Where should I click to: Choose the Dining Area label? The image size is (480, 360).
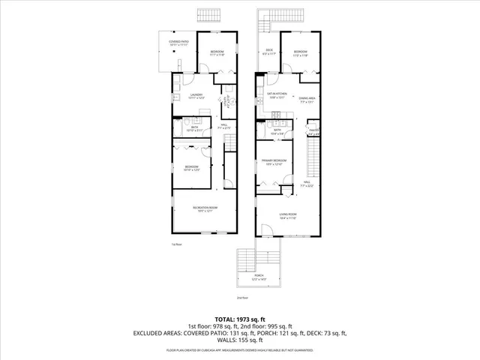pyautogui.click(x=306, y=100)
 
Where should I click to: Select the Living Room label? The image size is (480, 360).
pyautogui.click(x=289, y=217)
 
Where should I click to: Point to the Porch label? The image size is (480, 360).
pyautogui.click(x=259, y=278)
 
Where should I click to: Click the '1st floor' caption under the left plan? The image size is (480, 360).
pyautogui.click(x=177, y=244)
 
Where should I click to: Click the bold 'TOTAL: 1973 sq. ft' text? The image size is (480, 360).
pyautogui.click(x=239, y=319)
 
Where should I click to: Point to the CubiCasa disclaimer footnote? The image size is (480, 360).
pyautogui.click(x=239, y=350)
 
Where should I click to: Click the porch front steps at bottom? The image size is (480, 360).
pyautogui.click(x=247, y=261)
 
